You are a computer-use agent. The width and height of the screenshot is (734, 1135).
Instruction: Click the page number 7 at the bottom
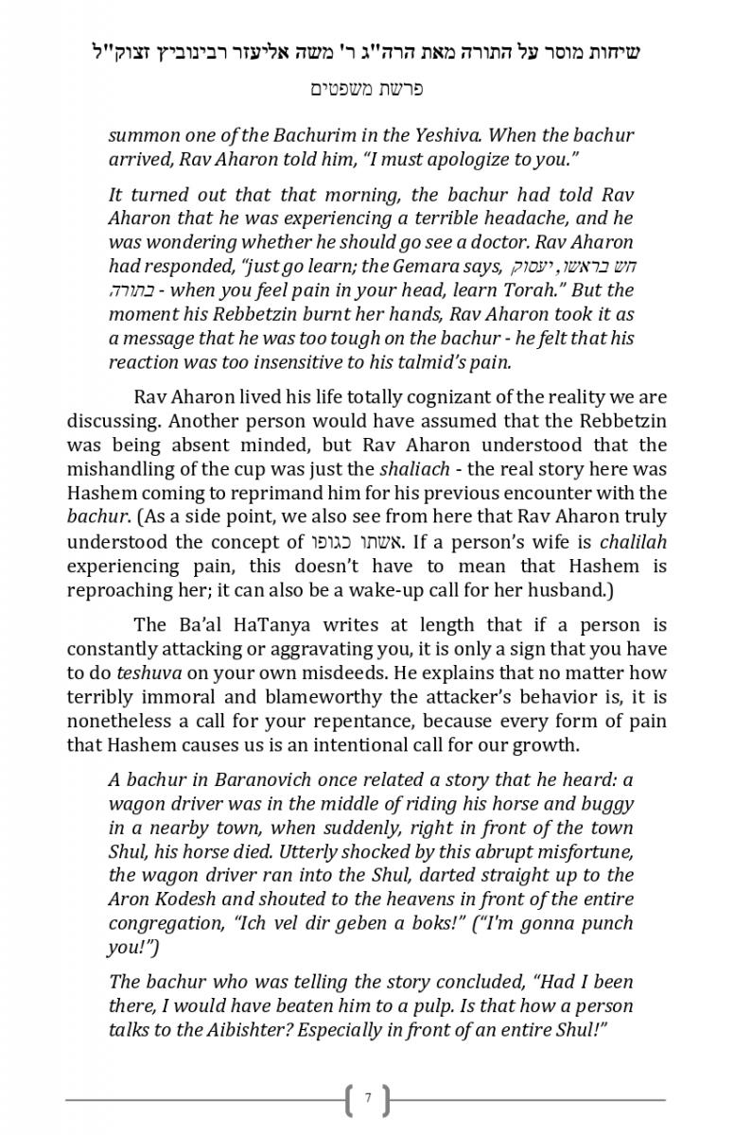coord(368,1099)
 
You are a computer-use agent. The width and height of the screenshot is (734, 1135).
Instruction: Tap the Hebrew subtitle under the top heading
coord(367,89)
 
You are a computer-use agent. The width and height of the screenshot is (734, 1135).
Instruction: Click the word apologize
coord(470,158)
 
